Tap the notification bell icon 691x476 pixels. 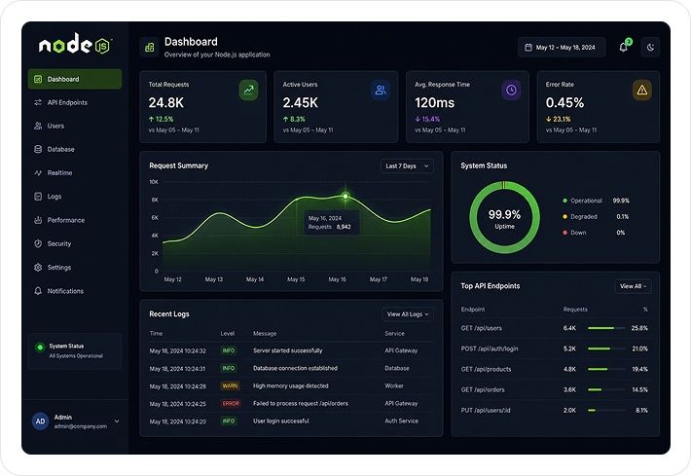click(624, 47)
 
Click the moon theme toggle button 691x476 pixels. click(650, 47)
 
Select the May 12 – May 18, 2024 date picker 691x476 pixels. click(562, 47)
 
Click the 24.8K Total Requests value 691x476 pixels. click(166, 102)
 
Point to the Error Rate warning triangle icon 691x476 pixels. click(642, 90)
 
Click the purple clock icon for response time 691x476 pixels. click(511, 90)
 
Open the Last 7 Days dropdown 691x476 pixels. click(407, 166)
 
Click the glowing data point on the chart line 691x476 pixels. click(345, 196)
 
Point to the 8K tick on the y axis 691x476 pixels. click(155, 200)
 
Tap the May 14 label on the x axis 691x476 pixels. click(255, 279)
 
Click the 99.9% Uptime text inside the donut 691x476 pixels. click(504, 219)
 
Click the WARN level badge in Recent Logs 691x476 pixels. click(230, 385)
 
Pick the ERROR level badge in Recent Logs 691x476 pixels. click(231, 403)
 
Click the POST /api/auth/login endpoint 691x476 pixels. click(490, 348)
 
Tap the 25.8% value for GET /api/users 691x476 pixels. click(639, 328)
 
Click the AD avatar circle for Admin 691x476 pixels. click(40, 421)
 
